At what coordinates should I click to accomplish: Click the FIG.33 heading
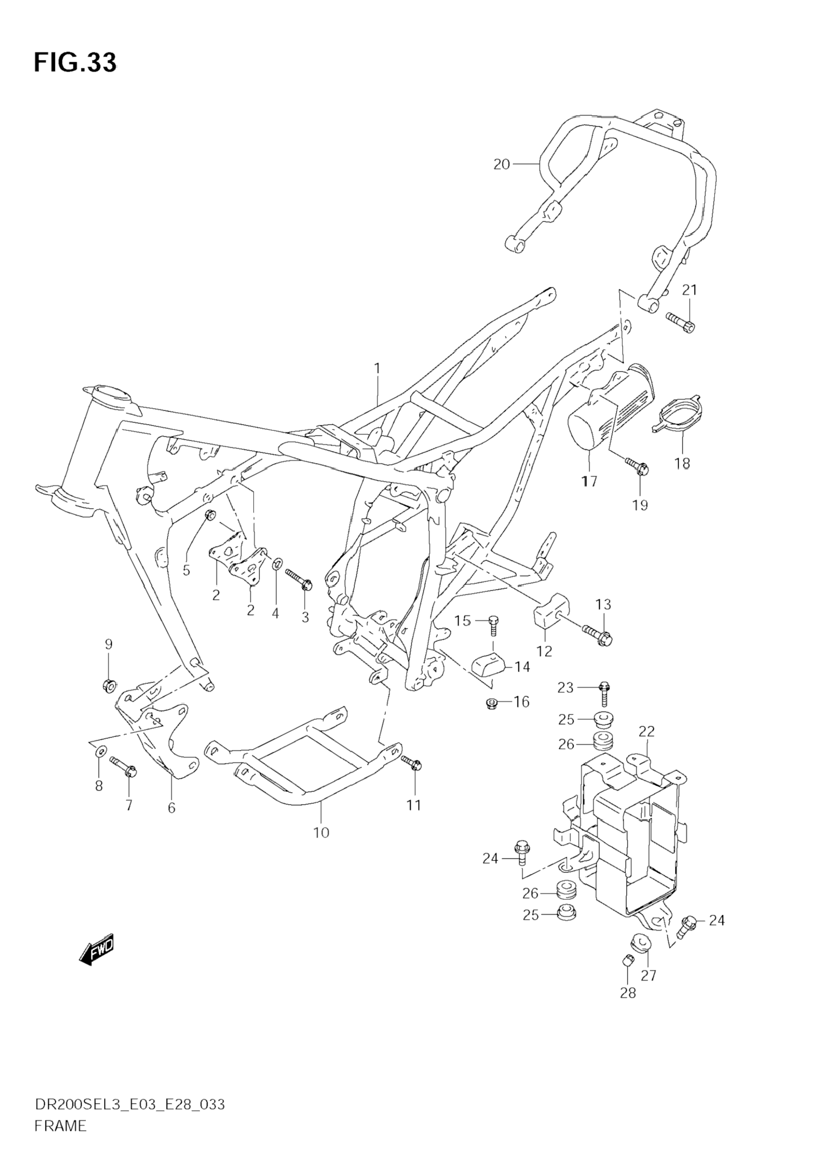click(75, 63)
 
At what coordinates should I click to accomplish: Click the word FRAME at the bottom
click(60, 1140)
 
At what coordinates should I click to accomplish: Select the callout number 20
click(502, 165)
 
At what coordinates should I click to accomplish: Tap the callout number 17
click(589, 481)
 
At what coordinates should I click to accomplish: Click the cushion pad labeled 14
click(490, 665)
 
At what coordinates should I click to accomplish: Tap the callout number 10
click(321, 833)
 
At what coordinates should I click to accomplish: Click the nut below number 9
click(109, 686)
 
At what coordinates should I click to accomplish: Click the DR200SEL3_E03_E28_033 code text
click(130, 1119)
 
